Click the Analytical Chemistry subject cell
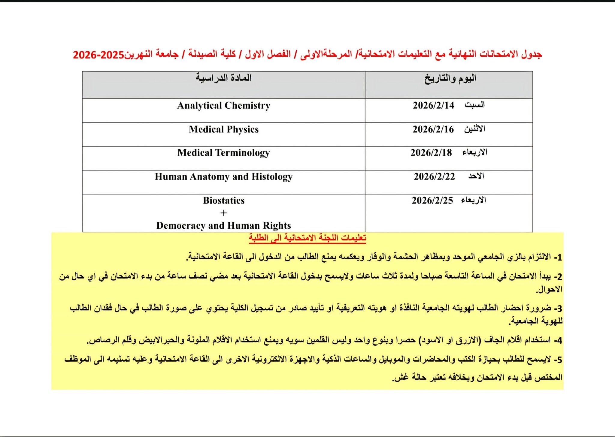click(x=224, y=106)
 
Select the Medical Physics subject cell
click(x=224, y=129)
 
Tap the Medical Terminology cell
click(x=224, y=153)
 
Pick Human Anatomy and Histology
click(x=224, y=177)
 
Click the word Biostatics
click(x=224, y=200)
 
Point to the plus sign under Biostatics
click(x=224, y=213)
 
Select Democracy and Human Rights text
click(x=224, y=225)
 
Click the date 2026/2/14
click(x=433, y=105)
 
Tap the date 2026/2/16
click(x=433, y=129)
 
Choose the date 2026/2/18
click(x=431, y=153)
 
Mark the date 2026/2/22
click(x=434, y=176)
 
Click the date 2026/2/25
click(x=432, y=200)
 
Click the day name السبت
click(x=474, y=105)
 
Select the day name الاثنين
click(x=474, y=129)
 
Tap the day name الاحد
click(x=476, y=176)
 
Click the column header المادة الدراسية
click(x=224, y=78)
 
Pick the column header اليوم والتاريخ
click(x=450, y=79)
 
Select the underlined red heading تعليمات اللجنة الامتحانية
click(x=307, y=238)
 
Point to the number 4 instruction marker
click(x=558, y=341)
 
